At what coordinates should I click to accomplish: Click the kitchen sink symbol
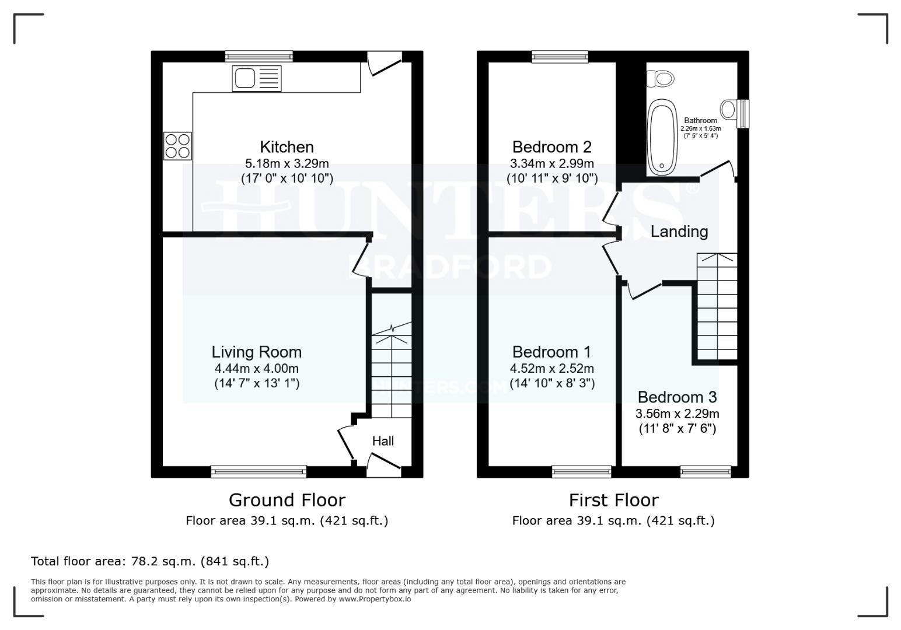pyautogui.click(x=257, y=79)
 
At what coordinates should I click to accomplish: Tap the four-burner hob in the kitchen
pyautogui.click(x=177, y=146)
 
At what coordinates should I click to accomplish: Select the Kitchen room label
pyautogui.click(x=287, y=147)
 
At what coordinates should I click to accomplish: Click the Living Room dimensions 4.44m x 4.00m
pyautogui.click(x=257, y=369)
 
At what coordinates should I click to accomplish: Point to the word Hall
pyautogui.click(x=383, y=442)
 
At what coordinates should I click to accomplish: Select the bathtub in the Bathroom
pyautogui.click(x=662, y=137)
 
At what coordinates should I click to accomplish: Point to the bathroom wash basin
pyautogui.click(x=728, y=109)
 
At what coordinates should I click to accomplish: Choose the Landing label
pyautogui.click(x=679, y=232)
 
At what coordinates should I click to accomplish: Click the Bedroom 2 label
pyautogui.click(x=551, y=147)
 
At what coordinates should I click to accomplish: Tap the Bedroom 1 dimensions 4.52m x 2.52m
pyautogui.click(x=551, y=369)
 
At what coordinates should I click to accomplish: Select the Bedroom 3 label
pyautogui.click(x=677, y=397)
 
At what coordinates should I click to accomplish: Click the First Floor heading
pyautogui.click(x=613, y=501)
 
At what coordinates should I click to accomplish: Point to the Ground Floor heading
pyautogui.click(x=287, y=501)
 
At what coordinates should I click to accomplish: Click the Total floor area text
pyautogui.click(x=150, y=562)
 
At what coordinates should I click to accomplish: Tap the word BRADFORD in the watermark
pyautogui.click(x=450, y=267)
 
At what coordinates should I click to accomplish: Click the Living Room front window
pyautogui.click(x=259, y=471)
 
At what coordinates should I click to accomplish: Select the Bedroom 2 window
pyautogui.click(x=560, y=57)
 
